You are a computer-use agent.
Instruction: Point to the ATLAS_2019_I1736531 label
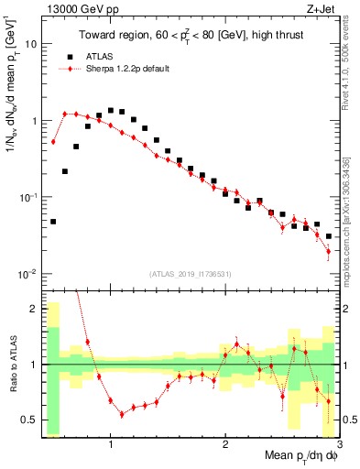pyautogui.click(x=191, y=273)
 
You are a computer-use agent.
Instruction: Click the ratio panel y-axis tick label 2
pyautogui.click(x=34, y=309)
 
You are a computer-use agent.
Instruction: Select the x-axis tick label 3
pyautogui.click(x=339, y=444)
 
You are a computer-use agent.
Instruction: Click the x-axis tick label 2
pyautogui.click(x=225, y=444)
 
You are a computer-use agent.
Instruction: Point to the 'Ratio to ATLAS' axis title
pyautogui.click(x=11, y=365)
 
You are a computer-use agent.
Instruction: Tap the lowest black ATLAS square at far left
pyautogui.click(x=53, y=222)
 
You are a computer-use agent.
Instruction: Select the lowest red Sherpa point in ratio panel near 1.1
pyautogui.click(x=122, y=415)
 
